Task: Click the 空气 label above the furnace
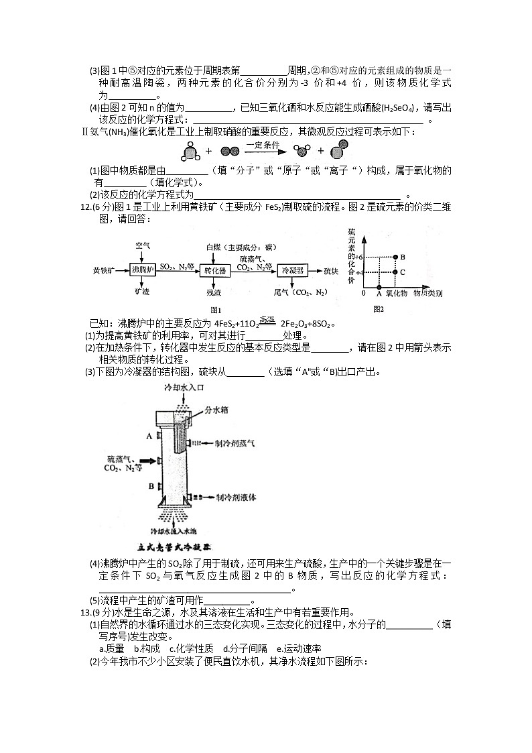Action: coord(142,246)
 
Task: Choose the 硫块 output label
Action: coord(330,271)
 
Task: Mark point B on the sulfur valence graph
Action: coord(395,257)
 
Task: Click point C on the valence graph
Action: coord(395,272)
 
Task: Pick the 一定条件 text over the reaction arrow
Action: coord(263,144)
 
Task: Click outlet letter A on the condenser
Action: coord(149,436)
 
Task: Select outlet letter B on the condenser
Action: coord(151,485)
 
